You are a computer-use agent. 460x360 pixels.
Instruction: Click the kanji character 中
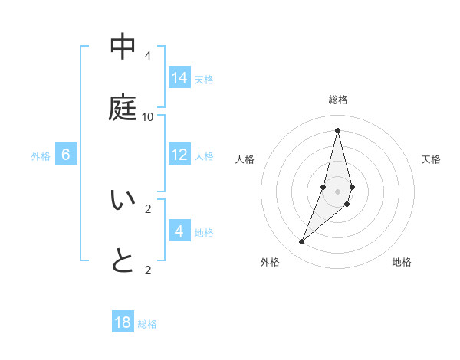123,47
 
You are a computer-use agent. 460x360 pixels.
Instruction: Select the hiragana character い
123,201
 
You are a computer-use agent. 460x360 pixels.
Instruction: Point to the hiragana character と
123,261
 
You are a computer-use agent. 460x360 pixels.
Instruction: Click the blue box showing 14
179,78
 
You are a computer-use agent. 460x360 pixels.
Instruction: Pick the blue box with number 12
179,155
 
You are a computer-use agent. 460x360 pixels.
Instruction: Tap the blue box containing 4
179,231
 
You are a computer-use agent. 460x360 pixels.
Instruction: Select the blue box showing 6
66,155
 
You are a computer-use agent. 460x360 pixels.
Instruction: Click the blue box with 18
123,322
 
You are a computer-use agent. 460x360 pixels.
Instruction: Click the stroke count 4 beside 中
147,56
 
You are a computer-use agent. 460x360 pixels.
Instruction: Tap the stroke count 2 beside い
147,208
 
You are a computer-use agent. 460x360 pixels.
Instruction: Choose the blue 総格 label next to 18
147,324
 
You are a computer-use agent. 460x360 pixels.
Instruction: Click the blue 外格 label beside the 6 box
41,156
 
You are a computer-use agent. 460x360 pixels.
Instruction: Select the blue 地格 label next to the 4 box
204,233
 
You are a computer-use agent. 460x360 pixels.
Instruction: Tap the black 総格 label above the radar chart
337,100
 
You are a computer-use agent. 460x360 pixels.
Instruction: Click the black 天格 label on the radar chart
431,159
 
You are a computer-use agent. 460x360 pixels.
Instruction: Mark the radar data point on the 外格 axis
301,242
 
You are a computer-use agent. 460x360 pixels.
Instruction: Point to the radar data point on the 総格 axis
337,130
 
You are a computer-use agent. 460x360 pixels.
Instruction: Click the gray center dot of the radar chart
337,191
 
